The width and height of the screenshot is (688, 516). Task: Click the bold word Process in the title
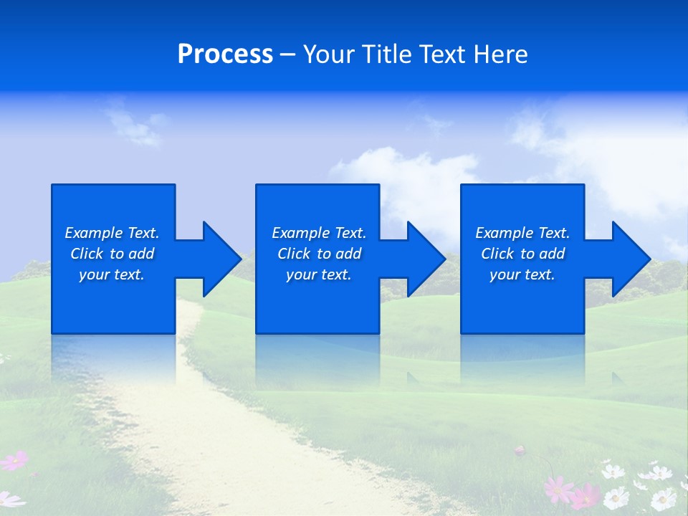tap(225, 54)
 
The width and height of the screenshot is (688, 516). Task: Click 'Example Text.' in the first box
tap(112, 233)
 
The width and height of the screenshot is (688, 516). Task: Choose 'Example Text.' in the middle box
tap(319, 233)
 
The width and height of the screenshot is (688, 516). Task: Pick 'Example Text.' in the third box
tap(522, 233)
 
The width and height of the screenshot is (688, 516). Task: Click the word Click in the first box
tap(87, 254)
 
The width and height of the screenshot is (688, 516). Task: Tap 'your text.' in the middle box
tap(319, 274)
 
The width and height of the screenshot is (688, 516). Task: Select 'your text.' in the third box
tap(522, 274)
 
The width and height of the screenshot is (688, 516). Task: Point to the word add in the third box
tap(553, 254)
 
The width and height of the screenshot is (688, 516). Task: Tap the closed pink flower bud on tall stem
tap(520, 451)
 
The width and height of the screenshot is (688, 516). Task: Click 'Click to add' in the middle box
tap(319, 254)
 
